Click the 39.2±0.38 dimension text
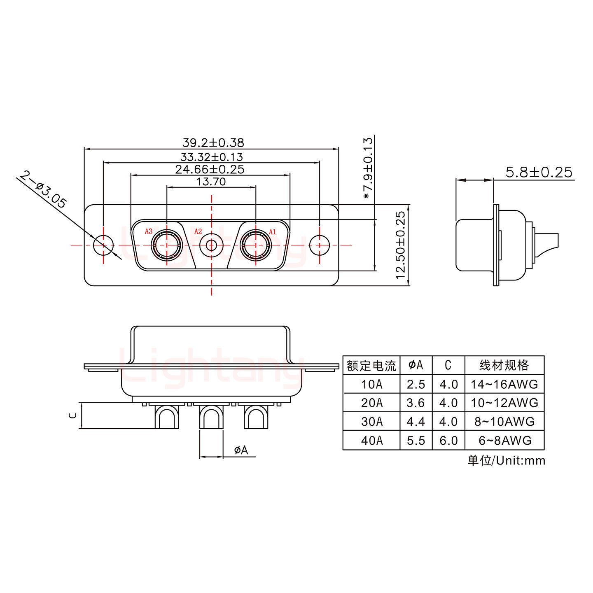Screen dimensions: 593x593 [x=213, y=143]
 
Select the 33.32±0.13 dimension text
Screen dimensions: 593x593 [x=211, y=157]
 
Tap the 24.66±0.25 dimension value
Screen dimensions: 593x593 [x=210, y=169]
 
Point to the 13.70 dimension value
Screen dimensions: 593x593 [x=211, y=182]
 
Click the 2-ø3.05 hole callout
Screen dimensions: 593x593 [x=43, y=190]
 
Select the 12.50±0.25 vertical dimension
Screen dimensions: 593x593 [x=401, y=245]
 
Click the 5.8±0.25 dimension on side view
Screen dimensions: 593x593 [x=539, y=172]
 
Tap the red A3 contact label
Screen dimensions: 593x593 [x=148, y=231]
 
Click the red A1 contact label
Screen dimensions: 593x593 [x=272, y=232]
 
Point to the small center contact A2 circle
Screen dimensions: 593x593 [x=211, y=245]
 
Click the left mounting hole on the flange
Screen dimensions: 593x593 [x=103, y=245]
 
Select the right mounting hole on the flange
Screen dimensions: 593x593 [x=320, y=245]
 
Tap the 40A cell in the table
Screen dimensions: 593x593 [x=371, y=441]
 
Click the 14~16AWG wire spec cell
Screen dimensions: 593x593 [x=504, y=384]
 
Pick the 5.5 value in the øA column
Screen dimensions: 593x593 [x=416, y=441]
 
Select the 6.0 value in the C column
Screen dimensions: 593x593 [x=448, y=441]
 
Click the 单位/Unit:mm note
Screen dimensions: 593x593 [x=506, y=460]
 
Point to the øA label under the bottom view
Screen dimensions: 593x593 [x=241, y=450]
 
